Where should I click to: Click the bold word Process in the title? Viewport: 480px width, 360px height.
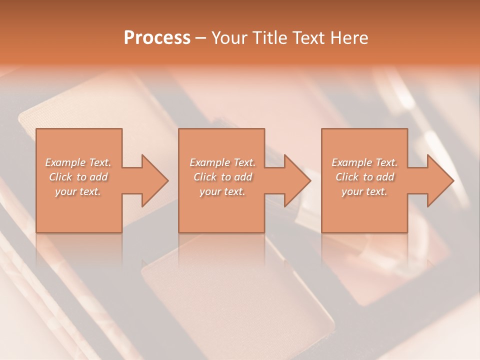(157, 38)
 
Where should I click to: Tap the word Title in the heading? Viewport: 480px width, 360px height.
(266, 38)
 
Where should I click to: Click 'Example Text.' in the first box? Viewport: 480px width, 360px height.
(78, 162)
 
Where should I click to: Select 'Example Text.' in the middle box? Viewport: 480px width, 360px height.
(222, 162)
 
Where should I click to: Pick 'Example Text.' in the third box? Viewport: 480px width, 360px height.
(364, 162)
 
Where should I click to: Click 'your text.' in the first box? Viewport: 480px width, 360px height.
(78, 191)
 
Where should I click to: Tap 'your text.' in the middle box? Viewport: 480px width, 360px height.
(222, 191)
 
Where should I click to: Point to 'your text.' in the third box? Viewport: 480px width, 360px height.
(364, 191)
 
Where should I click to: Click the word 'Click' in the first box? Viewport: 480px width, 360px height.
(61, 177)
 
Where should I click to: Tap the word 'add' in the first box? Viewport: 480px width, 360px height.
(98, 177)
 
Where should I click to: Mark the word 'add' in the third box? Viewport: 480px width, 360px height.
(385, 177)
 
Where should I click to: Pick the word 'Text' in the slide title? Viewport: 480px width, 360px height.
(307, 38)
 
